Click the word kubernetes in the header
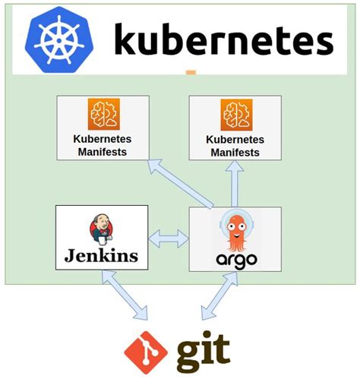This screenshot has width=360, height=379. pos(223,39)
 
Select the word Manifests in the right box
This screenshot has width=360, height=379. pos(235,151)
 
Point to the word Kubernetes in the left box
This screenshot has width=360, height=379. pos(102,139)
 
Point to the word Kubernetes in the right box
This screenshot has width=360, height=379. pos(235,140)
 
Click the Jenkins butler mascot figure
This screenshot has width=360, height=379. pos(101,229)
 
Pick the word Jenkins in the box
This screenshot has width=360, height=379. pos(101,255)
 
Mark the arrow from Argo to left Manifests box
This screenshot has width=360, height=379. pos(182,182)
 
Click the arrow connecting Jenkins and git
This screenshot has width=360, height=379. pos(124,295)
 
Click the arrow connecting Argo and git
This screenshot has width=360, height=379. pos(220,295)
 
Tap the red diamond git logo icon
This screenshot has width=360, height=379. pos(144,352)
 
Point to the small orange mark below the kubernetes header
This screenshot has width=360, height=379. pos(191,74)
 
